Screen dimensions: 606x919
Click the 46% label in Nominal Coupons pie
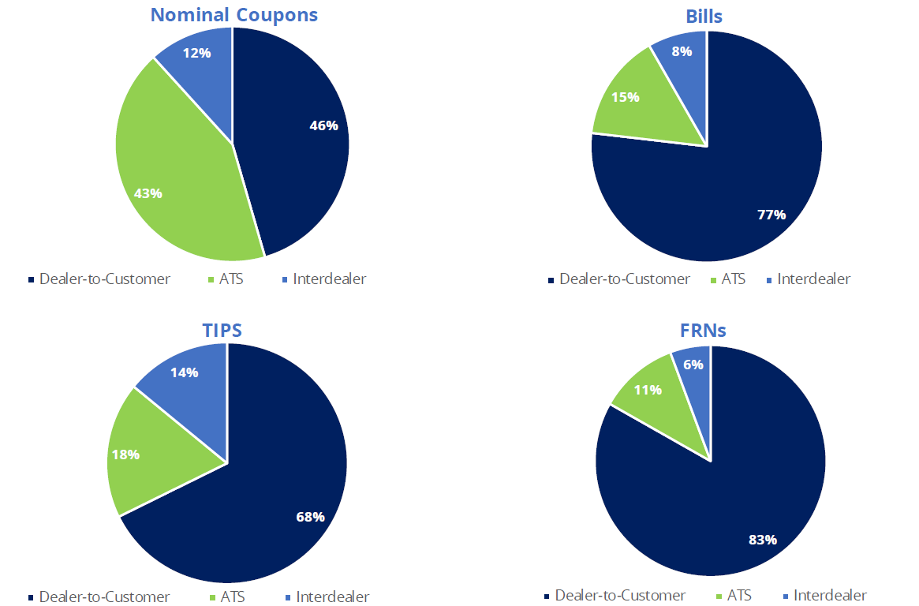point(323,125)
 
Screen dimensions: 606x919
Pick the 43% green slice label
point(148,193)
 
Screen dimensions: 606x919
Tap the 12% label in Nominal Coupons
point(196,53)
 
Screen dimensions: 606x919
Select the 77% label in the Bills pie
point(771,214)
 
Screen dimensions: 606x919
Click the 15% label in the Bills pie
point(625,97)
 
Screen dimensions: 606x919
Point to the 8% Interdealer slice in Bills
point(682,51)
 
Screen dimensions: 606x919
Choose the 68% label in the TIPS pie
point(310,517)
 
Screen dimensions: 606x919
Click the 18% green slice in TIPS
point(125,454)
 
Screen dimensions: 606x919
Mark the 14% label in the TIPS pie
point(184,372)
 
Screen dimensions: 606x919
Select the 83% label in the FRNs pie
point(763,540)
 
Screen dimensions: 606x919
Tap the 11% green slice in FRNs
point(648,389)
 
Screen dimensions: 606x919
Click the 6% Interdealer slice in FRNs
point(693,365)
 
